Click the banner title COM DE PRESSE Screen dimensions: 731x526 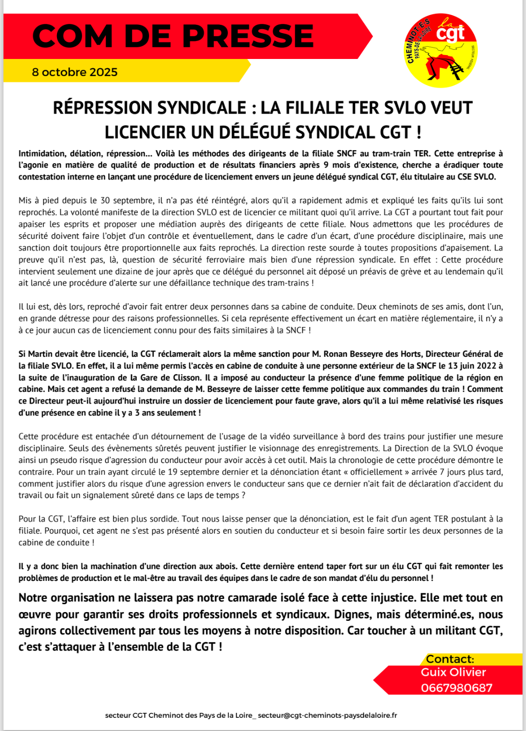(x=173, y=36)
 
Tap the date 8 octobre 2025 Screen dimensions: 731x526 (x=75, y=72)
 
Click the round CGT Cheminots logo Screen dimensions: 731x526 (x=441, y=50)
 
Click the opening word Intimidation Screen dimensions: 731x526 (x=42, y=154)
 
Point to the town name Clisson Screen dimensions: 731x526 (x=187, y=377)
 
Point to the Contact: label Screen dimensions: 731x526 (x=450, y=659)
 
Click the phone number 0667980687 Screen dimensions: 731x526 (x=456, y=688)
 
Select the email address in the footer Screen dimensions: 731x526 (x=327, y=715)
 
